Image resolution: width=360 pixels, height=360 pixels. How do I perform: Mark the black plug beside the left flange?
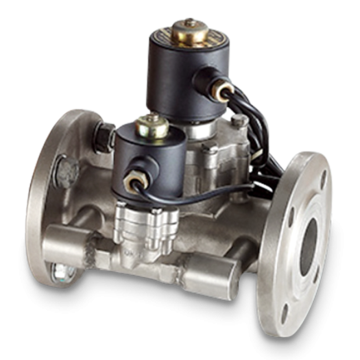(x=100, y=138)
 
